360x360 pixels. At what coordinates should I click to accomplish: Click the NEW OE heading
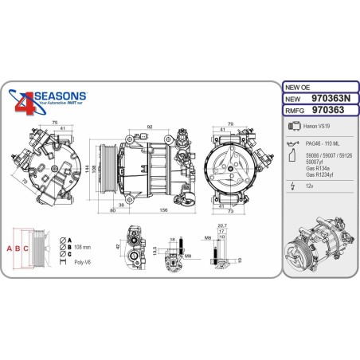point(299,85)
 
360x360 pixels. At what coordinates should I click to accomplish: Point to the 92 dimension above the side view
point(149,125)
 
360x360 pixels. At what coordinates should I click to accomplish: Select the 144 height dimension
point(88,171)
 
